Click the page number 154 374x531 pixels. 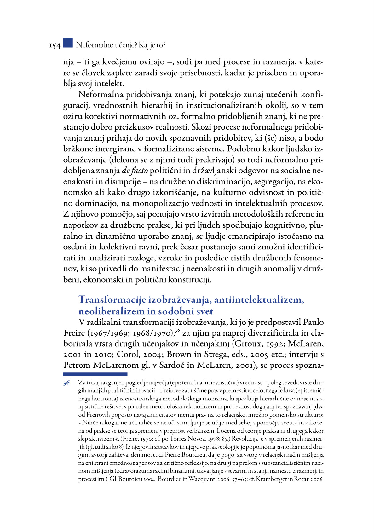[55, 46]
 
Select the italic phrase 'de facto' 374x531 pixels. [135, 171]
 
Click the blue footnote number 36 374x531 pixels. [66, 383]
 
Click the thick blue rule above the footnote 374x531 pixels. [95, 374]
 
